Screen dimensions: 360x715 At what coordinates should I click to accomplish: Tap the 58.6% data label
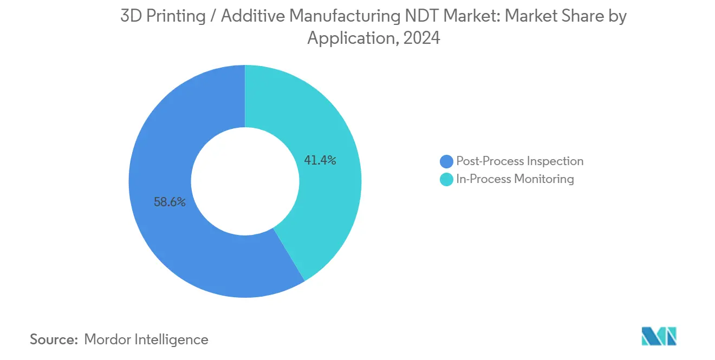pos(170,202)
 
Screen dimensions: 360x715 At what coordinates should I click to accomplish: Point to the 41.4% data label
pos(320,160)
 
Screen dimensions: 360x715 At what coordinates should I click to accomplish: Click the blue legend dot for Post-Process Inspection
pos(446,161)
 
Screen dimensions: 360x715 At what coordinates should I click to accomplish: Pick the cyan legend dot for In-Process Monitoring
pos(446,179)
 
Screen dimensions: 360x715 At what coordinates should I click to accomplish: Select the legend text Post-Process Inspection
pos(520,161)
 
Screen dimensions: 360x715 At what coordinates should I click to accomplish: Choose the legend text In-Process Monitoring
pos(515,179)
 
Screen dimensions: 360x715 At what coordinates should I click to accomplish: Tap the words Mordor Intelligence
pos(146,339)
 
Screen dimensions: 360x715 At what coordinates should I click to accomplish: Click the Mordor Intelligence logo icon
pos(659,336)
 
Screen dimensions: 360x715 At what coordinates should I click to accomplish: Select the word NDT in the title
pos(426,16)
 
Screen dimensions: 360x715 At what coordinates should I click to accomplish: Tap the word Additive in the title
pos(252,16)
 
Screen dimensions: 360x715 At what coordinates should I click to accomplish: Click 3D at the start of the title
pos(130,16)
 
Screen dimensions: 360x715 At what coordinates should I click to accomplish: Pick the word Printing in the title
pos(175,16)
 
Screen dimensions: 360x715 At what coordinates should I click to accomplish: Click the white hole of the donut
pos(245,181)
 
